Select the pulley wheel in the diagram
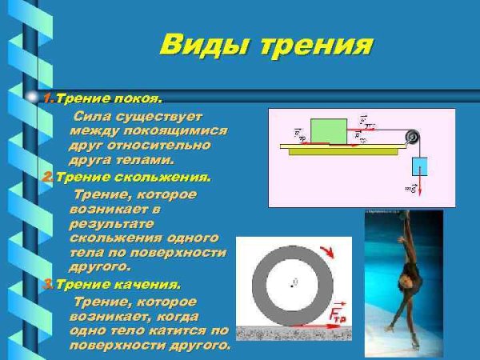pyautogui.click(x=413, y=136)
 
